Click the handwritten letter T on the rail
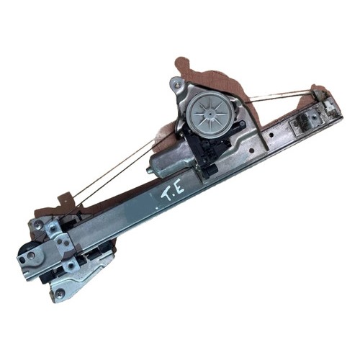tap(167, 196)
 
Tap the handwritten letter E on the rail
tap(179, 187)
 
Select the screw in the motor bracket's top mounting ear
tap(177, 84)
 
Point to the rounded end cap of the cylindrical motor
tap(150, 171)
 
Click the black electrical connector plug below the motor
tap(210, 171)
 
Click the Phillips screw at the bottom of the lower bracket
tap(59, 293)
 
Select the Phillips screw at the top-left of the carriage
tap(38, 225)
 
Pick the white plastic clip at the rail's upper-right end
tap(329, 104)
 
